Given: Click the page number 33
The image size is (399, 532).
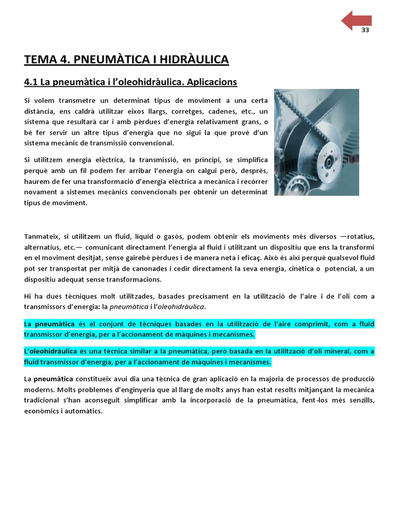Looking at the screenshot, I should coord(365,30).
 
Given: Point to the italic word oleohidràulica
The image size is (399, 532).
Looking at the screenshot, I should coord(179,307).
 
